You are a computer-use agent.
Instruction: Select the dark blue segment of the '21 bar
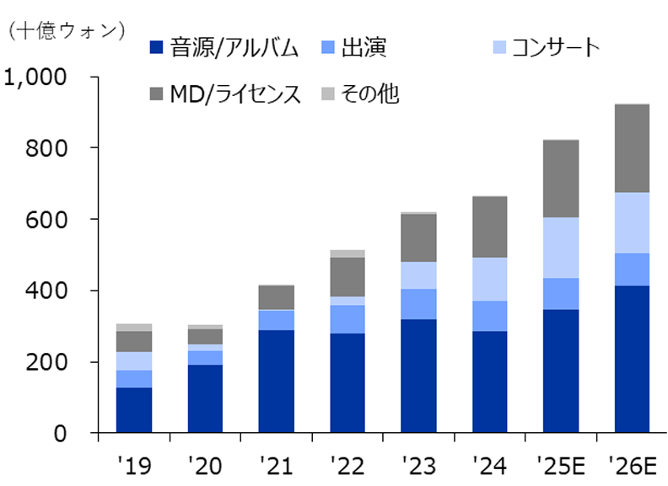coord(277,382)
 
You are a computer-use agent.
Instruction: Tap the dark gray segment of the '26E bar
coord(631,148)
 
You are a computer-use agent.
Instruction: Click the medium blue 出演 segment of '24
coord(489,316)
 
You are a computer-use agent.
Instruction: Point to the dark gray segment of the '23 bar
coord(418,238)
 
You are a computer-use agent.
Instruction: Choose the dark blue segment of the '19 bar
coord(134,410)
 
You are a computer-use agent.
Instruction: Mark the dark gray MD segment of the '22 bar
coord(347,276)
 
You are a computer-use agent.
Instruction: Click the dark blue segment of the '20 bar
coord(205,398)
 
